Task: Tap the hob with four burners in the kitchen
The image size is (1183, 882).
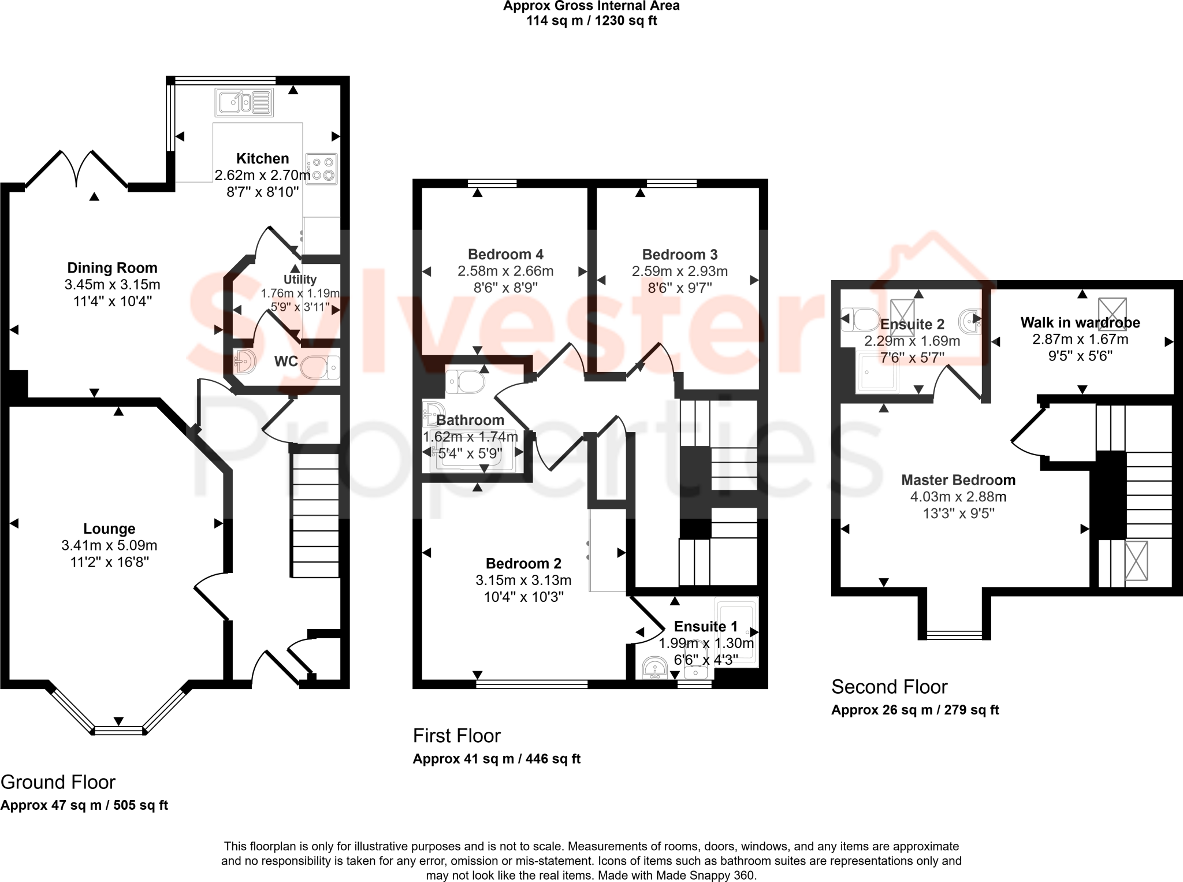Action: pos(321,169)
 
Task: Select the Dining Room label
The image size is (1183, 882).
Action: pos(112,268)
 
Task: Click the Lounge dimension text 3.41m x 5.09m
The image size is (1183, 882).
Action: pos(109,545)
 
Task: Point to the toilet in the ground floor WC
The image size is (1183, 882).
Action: pos(320,366)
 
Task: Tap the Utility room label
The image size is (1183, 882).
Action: pos(300,280)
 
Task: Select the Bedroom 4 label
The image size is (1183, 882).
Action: pos(505,254)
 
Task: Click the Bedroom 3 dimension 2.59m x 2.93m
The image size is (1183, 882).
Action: pos(680,271)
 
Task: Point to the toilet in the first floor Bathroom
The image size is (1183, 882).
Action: pos(466,381)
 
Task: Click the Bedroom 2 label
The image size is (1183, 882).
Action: pos(523,563)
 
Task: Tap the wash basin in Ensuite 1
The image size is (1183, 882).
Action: pos(655,669)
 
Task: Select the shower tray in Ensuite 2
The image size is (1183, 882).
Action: pos(877,373)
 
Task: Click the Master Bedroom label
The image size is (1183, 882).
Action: pos(958,480)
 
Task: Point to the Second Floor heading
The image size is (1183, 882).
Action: pos(889,687)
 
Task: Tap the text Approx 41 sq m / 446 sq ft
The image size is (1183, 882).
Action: pos(496,759)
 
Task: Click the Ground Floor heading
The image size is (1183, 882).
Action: pos(58,782)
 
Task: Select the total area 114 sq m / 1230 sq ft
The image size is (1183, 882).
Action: pos(591,21)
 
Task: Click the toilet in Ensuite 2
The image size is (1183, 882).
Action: pos(860,319)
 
